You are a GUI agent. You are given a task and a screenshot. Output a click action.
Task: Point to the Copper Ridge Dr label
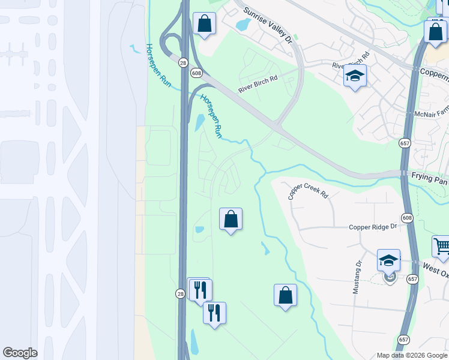(374, 227)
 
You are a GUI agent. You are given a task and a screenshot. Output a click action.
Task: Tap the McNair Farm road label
(431, 113)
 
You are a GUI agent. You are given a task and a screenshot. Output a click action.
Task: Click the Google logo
(20, 353)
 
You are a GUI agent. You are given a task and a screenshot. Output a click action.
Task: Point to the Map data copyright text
(412, 355)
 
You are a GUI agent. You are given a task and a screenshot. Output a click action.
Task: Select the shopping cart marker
(441, 245)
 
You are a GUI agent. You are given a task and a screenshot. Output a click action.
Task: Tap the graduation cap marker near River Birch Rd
(355, 76)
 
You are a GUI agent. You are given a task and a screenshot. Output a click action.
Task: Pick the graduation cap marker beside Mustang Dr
(388, 260)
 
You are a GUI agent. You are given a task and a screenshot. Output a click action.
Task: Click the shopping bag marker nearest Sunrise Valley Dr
(204, 24)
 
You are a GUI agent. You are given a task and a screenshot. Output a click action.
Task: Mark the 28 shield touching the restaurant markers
(180, 293)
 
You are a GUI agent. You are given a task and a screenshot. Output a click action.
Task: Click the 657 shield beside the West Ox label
(412, 279)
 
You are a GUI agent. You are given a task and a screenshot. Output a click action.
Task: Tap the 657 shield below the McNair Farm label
(404, 143)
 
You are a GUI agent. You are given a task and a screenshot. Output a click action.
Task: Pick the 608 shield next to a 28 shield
(196, 73)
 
